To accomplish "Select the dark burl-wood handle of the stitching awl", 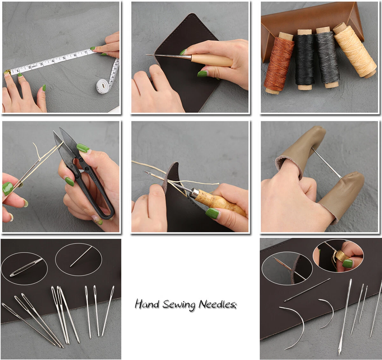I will point(223,204).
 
